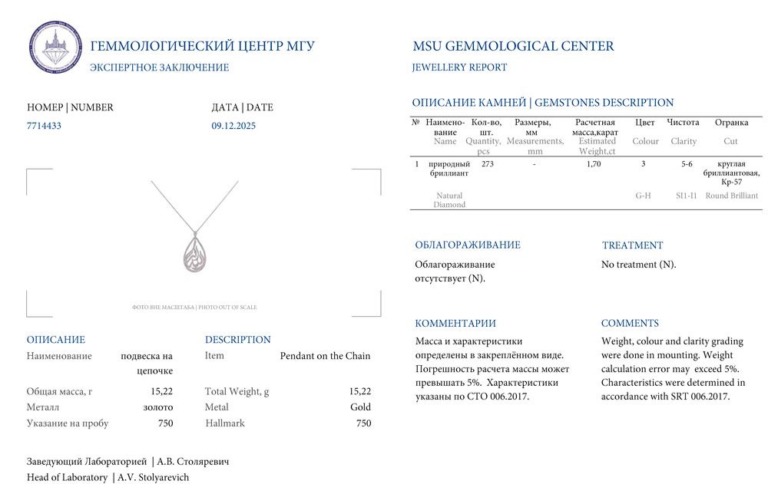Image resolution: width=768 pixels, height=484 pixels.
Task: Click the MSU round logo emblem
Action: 55,48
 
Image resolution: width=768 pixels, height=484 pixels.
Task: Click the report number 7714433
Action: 44,126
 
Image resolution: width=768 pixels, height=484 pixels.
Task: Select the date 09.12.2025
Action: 233,126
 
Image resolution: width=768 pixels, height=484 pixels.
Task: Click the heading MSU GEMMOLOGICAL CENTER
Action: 513,46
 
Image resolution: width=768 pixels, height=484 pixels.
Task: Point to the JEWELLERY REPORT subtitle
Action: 459,67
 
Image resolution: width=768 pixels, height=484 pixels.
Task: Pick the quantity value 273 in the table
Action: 487,164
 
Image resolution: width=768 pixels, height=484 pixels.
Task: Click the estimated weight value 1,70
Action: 594,164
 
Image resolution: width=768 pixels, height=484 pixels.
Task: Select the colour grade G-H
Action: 644,196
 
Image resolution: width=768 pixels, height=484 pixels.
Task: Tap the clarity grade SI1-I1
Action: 686,196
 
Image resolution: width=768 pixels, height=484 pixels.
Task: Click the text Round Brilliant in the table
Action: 732,196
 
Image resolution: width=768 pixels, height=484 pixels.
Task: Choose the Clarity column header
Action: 684,141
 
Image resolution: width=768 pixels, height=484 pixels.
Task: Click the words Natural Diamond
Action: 449,200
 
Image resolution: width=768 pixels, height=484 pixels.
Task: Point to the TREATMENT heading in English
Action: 632,245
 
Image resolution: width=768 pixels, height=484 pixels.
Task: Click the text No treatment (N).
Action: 638,265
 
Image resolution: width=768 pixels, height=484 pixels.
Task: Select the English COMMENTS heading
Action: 630,324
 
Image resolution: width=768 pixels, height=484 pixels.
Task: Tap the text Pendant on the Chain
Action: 325,356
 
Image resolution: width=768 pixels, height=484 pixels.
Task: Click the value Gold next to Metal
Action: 360,407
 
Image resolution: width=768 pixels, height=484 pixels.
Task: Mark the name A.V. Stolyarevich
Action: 153,477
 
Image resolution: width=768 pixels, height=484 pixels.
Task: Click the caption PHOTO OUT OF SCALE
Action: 227,308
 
